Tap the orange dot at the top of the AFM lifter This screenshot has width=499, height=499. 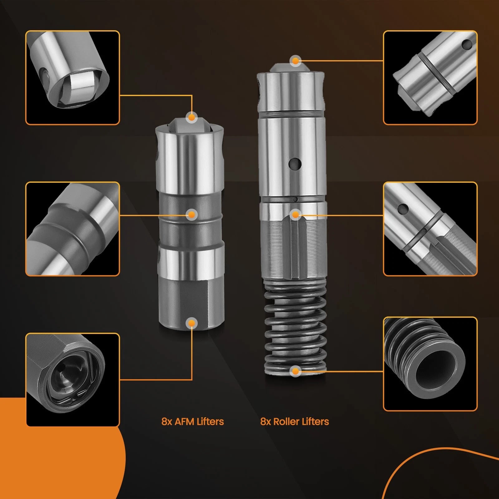pos(192,117)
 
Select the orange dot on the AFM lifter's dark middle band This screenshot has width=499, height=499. pos(192,215)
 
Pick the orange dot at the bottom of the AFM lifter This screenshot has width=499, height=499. pos(192,323)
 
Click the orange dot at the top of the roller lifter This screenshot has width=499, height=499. pos(295,61)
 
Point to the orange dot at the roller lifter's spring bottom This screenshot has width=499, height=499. pos(295,371)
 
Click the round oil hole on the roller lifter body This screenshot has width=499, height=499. pos(295,162)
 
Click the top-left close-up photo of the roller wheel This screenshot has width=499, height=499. pos(72,78)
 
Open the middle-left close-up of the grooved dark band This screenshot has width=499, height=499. pos(72,229)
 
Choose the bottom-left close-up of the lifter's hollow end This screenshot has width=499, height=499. pos(72,380)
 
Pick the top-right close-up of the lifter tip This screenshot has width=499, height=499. pos(430,78)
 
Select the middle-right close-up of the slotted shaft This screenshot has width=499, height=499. pos(430,229)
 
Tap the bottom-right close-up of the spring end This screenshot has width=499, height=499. pos(430,364)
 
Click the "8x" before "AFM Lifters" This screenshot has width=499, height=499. pos(167,422)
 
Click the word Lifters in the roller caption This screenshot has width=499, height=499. pos(316,422)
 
